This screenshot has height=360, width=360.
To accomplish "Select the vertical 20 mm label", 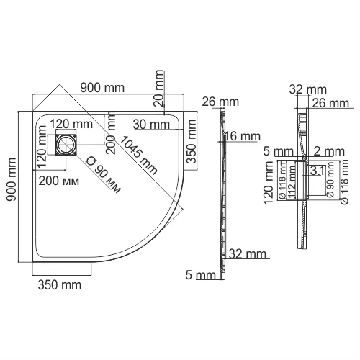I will coord(157,88).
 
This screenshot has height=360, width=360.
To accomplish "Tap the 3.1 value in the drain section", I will coord(317,171).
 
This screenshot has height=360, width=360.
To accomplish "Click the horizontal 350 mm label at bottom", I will coord(59,285).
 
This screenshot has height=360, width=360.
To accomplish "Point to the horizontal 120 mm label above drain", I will coord(68,122).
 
